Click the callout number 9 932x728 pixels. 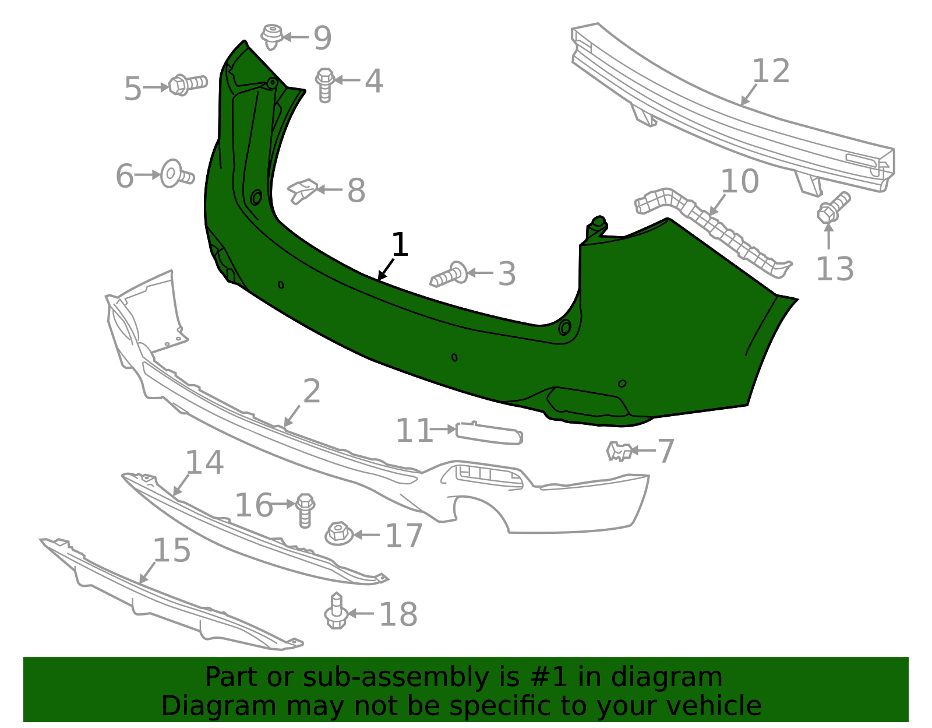click(x=322, y=38)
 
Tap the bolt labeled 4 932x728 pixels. click(x=325, y=85)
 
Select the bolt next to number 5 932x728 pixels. click(x=188, y=85)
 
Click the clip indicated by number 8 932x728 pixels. click(x=302, y=191)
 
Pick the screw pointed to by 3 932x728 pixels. click(x=450, y=274)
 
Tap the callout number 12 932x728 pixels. click(x=771, y=71)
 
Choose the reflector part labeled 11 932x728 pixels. click(x=489, y=433)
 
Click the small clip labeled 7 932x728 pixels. click(x=619, y=451)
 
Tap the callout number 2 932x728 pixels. click(x=312, y=391)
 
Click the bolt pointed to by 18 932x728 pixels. click(x=336, y=612)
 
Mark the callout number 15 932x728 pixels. click(x=171, y=550)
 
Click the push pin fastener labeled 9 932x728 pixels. click(x=271, y=36)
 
